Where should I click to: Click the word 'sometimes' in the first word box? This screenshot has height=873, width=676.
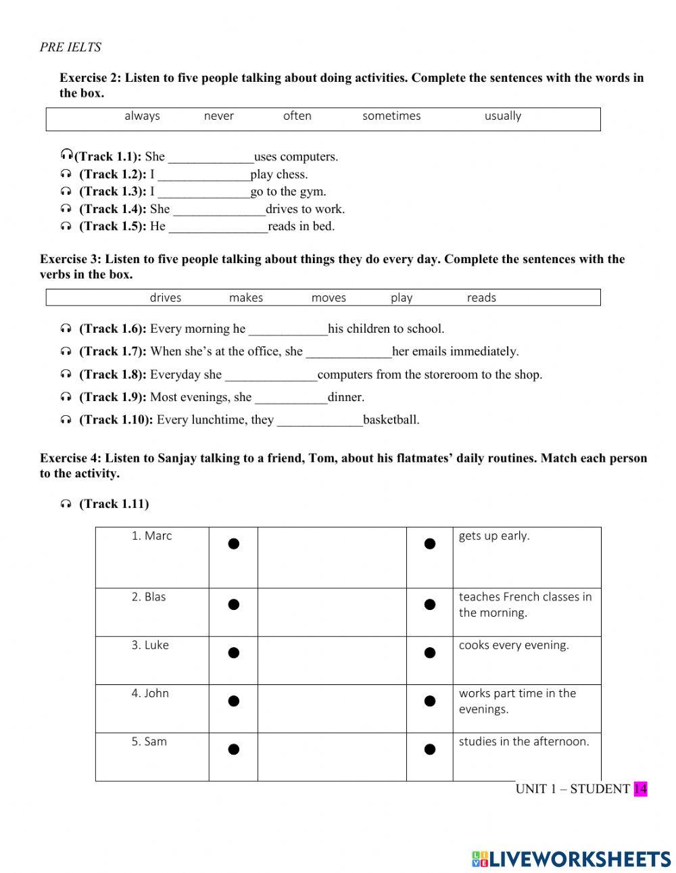391,116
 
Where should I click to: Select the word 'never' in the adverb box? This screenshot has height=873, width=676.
218,116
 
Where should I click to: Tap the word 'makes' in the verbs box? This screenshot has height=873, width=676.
245,298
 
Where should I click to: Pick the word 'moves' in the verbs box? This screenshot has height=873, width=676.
329,298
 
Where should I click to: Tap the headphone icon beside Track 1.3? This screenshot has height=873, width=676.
66,192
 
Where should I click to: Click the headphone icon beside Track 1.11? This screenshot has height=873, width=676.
66,504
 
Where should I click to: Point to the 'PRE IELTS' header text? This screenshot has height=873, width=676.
70,47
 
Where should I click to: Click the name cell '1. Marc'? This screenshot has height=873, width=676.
152,536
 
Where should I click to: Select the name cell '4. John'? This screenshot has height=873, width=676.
150,694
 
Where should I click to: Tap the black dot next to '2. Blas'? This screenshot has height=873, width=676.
233,605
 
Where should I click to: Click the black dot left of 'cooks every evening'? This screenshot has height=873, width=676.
429,653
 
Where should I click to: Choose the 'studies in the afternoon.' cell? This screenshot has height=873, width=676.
524,742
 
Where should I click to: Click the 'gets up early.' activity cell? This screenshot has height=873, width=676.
494,536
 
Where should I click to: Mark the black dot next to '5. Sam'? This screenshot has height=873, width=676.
233,749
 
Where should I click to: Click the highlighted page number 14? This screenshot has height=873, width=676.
640,789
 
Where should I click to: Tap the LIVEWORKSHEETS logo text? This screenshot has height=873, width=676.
579,859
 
